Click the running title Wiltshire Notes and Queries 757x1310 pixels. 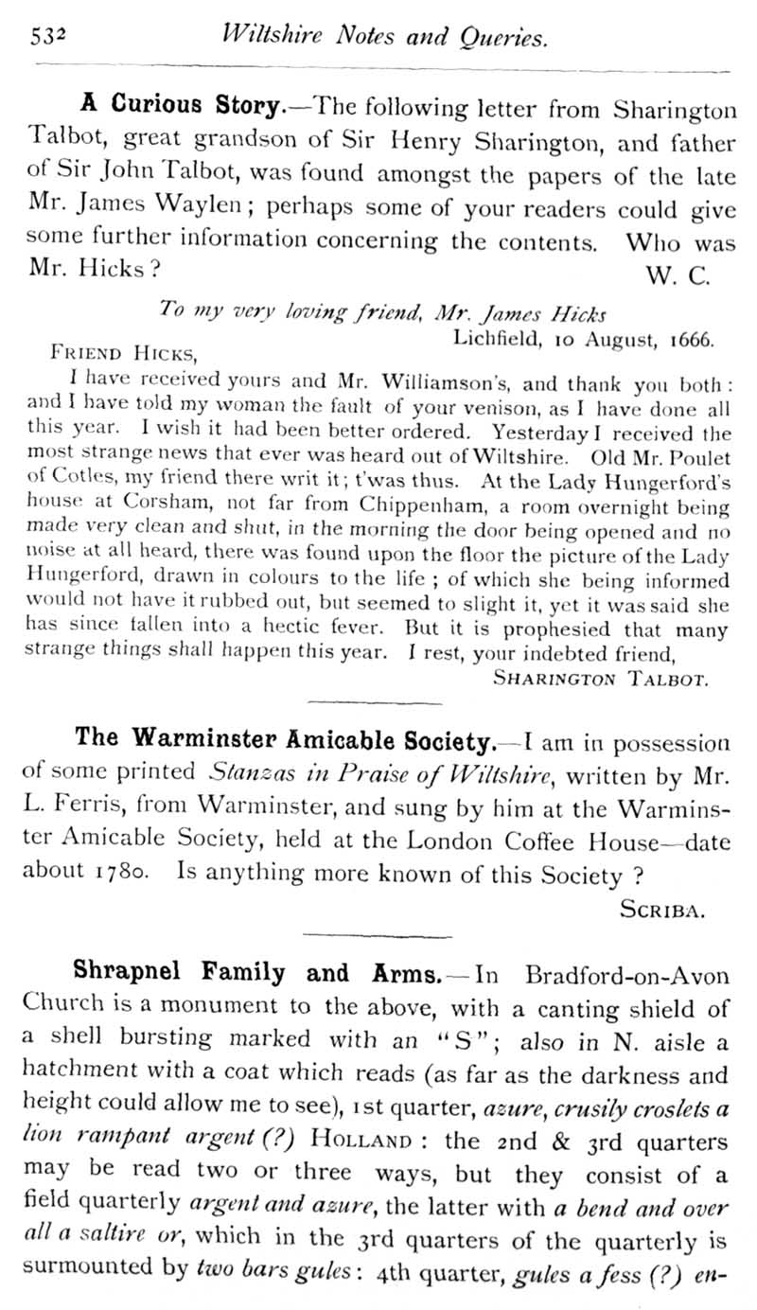click(382, 37)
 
